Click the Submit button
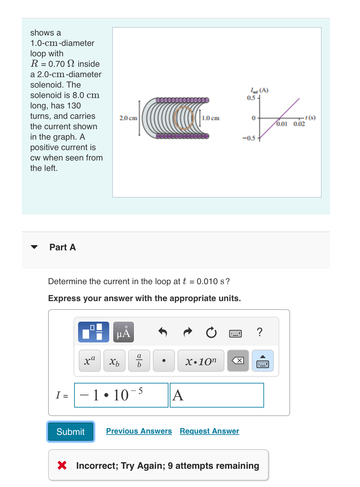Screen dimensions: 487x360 coord(71,432)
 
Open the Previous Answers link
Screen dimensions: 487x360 coord(139,431)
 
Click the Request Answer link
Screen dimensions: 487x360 coord(209,431)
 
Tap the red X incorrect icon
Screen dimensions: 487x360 coord(62,466)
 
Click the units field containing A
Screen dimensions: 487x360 coord(217,395)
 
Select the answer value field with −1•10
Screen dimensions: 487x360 coord(121,395)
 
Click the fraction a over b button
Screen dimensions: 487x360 coord(139,361)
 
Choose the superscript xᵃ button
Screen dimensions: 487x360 coord(89,361)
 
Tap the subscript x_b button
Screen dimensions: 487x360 coord(114,361)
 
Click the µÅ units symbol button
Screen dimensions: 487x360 coord(124,332)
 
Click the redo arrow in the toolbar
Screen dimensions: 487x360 coord(188,332)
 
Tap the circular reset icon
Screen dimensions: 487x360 coord(211,332)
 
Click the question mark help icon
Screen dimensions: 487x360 coord(260,332)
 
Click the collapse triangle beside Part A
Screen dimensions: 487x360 coord(34,247)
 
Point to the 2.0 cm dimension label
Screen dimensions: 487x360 coord(128,118)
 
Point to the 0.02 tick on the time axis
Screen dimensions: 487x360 coord(299,124)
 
